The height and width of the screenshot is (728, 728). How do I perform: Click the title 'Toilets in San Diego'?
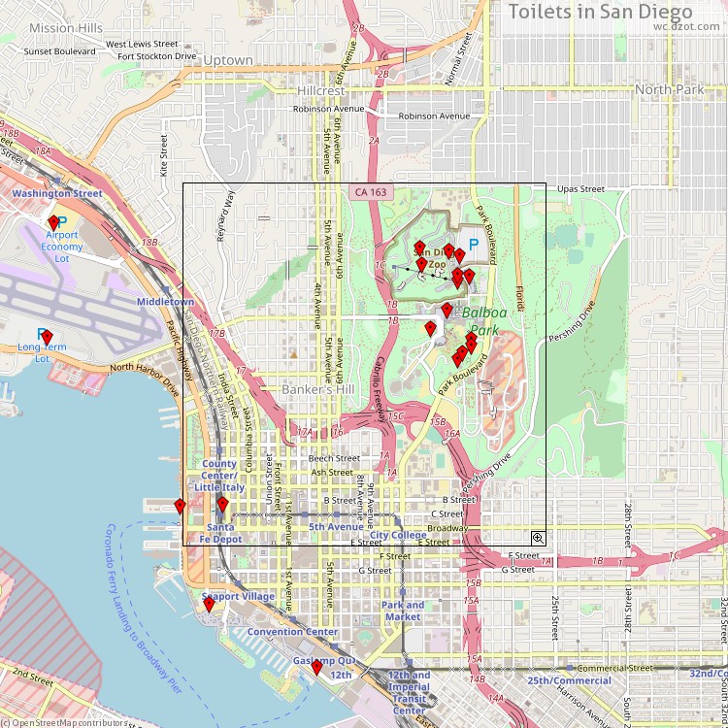tap(601, 12)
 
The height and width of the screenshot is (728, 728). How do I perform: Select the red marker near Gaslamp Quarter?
tap(316, 667)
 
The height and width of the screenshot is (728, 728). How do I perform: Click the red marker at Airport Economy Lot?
tap(54, 223)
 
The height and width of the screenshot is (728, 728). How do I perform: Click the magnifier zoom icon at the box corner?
tap(538, 537)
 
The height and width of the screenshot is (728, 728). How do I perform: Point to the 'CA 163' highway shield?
tap(368, 192)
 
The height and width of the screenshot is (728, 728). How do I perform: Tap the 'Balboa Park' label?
tap(492, 321)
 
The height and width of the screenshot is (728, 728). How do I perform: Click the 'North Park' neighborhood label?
tap(669, 89)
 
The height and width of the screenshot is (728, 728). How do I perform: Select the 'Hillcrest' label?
tap(321, 90)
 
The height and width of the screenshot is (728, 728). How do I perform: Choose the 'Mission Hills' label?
tap(65, 28)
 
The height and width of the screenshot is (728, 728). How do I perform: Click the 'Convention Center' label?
tap(292, 632)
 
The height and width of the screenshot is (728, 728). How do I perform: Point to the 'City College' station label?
tap(398, 535)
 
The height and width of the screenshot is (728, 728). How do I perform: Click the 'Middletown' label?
tap(165, 302)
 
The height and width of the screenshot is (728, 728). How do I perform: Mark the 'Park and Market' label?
tap(402, 611)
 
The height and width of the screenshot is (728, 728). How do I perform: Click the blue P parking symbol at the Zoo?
tap(474, 246)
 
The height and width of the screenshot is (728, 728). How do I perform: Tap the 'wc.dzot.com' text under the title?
tap(685, 27)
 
